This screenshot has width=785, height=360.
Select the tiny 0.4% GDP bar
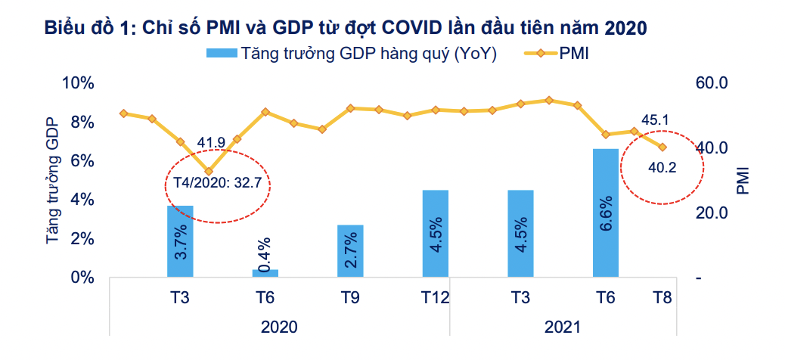click(265, 273)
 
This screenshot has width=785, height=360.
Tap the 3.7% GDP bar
click(180, 241)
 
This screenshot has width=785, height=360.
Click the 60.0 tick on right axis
click(711, 82)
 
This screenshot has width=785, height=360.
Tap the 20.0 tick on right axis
click(711, 213)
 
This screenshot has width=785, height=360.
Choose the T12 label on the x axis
click(435, 298)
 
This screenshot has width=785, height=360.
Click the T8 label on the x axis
click(662, 298)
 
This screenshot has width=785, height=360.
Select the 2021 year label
click(562, 327)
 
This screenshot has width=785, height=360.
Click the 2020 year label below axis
click(279, 327)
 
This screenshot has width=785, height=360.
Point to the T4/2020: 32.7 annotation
click(218, 184)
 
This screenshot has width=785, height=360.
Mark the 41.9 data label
click(211, 142)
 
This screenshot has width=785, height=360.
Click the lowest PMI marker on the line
click(209, 172)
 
